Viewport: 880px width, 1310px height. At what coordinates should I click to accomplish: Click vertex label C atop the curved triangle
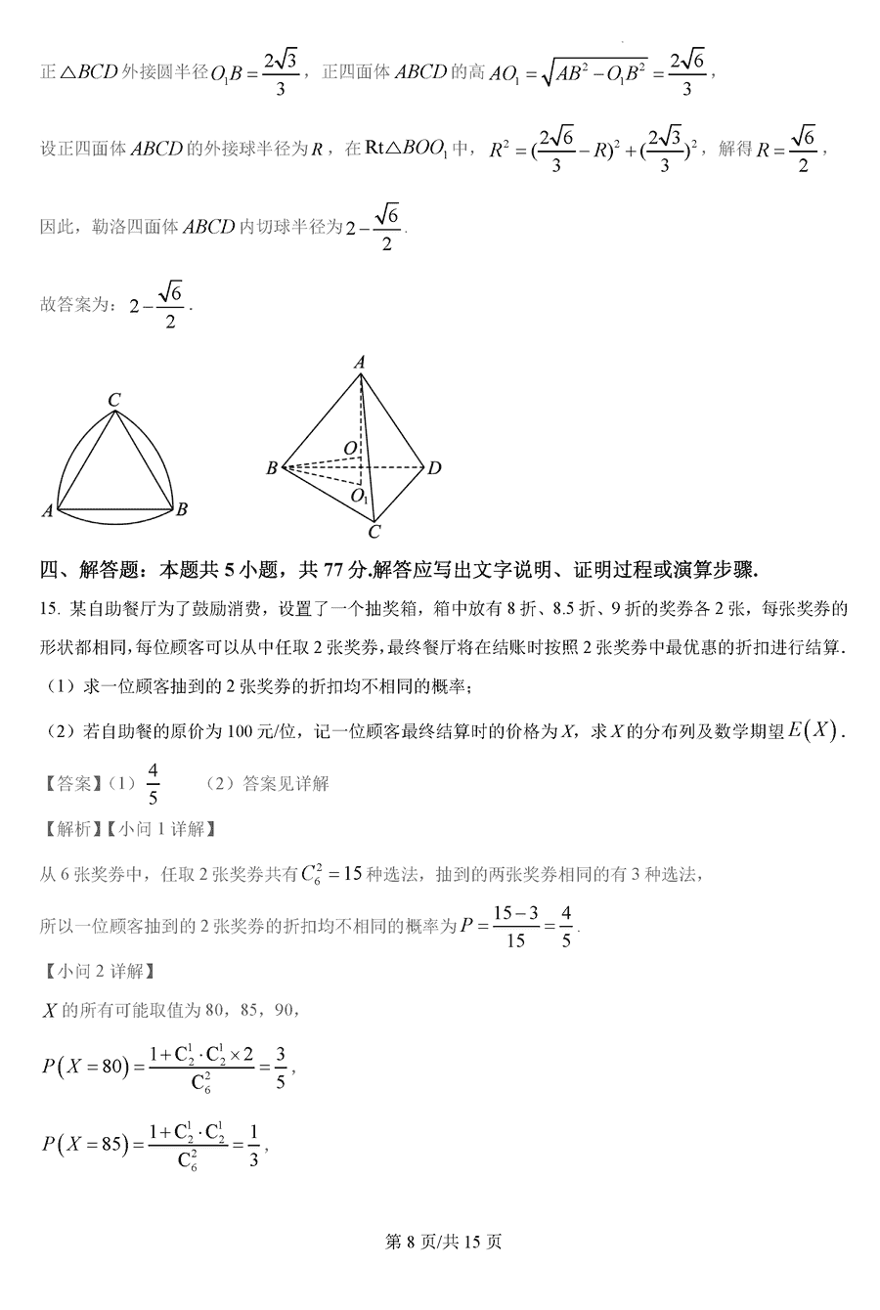[114, 399]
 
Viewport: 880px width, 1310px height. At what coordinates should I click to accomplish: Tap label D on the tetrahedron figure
[434, 468]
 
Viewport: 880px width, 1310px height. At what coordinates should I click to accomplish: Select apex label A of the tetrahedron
[360, 363]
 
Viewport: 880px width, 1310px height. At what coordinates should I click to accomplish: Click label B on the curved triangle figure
[182, 508]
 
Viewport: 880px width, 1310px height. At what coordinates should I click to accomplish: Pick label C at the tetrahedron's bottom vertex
[373, 532]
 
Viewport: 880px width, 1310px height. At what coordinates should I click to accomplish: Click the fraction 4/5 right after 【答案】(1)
[153, 784]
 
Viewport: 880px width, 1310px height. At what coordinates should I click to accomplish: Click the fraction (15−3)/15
[515, 926]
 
